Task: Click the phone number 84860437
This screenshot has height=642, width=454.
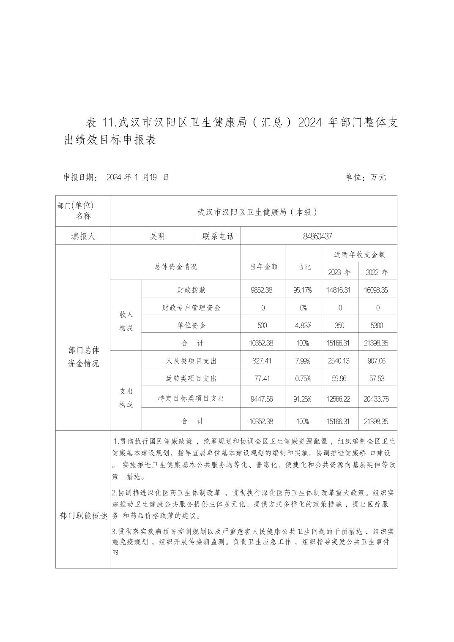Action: [317, 236]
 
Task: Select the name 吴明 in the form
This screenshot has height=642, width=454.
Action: [157, 236]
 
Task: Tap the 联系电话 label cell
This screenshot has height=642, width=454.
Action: [218, 236]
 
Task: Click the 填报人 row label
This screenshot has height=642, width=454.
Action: [83, 236]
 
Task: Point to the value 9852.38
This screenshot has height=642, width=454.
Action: [263, 290]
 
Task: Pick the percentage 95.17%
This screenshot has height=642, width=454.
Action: [302, 290]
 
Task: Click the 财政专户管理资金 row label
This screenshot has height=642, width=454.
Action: [191, 308]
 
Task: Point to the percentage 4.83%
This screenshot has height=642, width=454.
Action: [303, 326]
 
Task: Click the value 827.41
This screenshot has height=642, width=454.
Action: [263, 361]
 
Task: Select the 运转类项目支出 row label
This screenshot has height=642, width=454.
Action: [191, 379]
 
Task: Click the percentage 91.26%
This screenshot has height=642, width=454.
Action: [303, 399]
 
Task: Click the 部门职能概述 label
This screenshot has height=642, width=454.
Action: [84, 516]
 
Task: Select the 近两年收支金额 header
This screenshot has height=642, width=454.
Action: [359, 255]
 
